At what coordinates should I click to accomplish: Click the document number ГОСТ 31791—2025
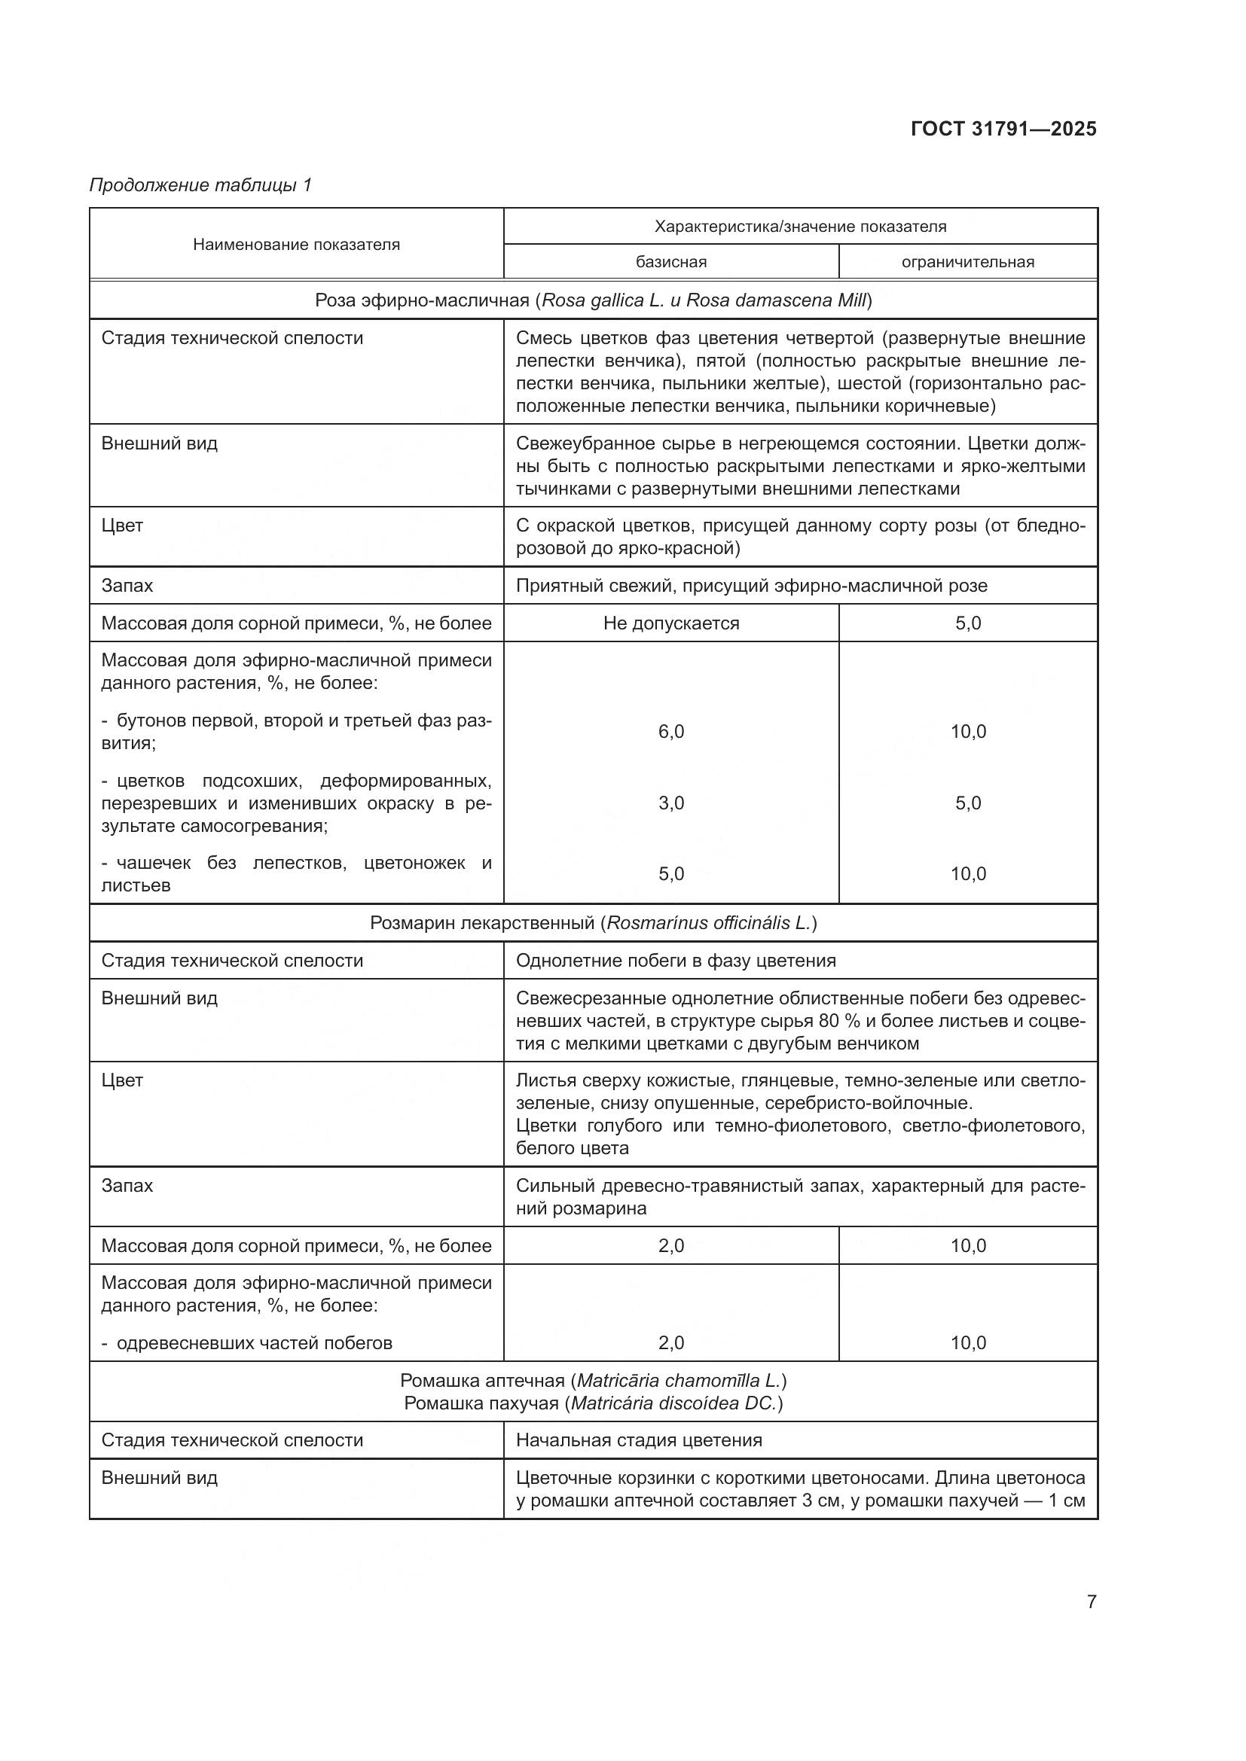click(1003, 129)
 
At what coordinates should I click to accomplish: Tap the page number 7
click(1091, 1601)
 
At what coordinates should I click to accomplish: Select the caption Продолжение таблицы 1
click(201, 185)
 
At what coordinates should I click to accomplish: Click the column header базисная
click(670, 262)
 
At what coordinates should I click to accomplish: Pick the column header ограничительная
click(967, 262)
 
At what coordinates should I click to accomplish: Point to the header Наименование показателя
click(296, 245)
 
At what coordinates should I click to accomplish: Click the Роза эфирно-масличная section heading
click(593, 300)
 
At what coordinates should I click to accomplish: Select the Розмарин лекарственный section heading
click(593, 923)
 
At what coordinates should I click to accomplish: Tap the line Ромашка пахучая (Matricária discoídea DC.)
click(593, 1403)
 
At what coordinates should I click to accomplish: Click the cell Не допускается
click(670, 623)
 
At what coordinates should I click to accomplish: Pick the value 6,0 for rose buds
click(670, 732)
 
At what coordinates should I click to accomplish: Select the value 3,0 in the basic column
click(670, 803)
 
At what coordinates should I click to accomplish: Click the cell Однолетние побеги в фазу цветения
click(675, 960)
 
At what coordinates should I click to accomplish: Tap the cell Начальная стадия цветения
click(638, 1440)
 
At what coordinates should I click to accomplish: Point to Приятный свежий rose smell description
click(751, 586)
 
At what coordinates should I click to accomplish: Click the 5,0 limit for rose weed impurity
click(967, 623)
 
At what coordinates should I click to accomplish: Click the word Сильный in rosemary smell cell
click(548, 1186)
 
